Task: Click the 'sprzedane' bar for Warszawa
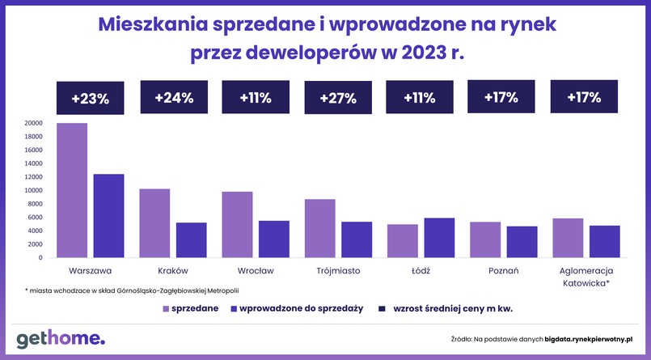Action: pyautogui.click(x=72, y=190)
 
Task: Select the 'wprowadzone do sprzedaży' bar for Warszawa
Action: pyautogui.click(x=108, y=216)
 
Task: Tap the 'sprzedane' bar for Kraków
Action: pyautogui.click(x=154, y=223)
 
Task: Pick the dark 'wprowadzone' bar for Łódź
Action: pyautogui.click(x=439, y=238)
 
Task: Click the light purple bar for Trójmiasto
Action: pyautogui.click(x=319, y=228)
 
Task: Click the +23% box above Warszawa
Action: pyautogui.click(x=90, y=99)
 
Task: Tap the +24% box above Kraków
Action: pyautogui.click(x=173, y=98)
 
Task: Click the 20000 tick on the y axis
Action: pyautogui.click(x=34, y=123)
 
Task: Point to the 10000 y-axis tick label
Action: pyautogui.click(x=34, y=190)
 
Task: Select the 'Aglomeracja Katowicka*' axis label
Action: pyautogui.click(x=585, y=277)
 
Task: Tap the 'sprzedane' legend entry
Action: pyautogui.click(x=191, y=308)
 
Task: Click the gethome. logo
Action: pyautogui.click(x=61, y=337)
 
